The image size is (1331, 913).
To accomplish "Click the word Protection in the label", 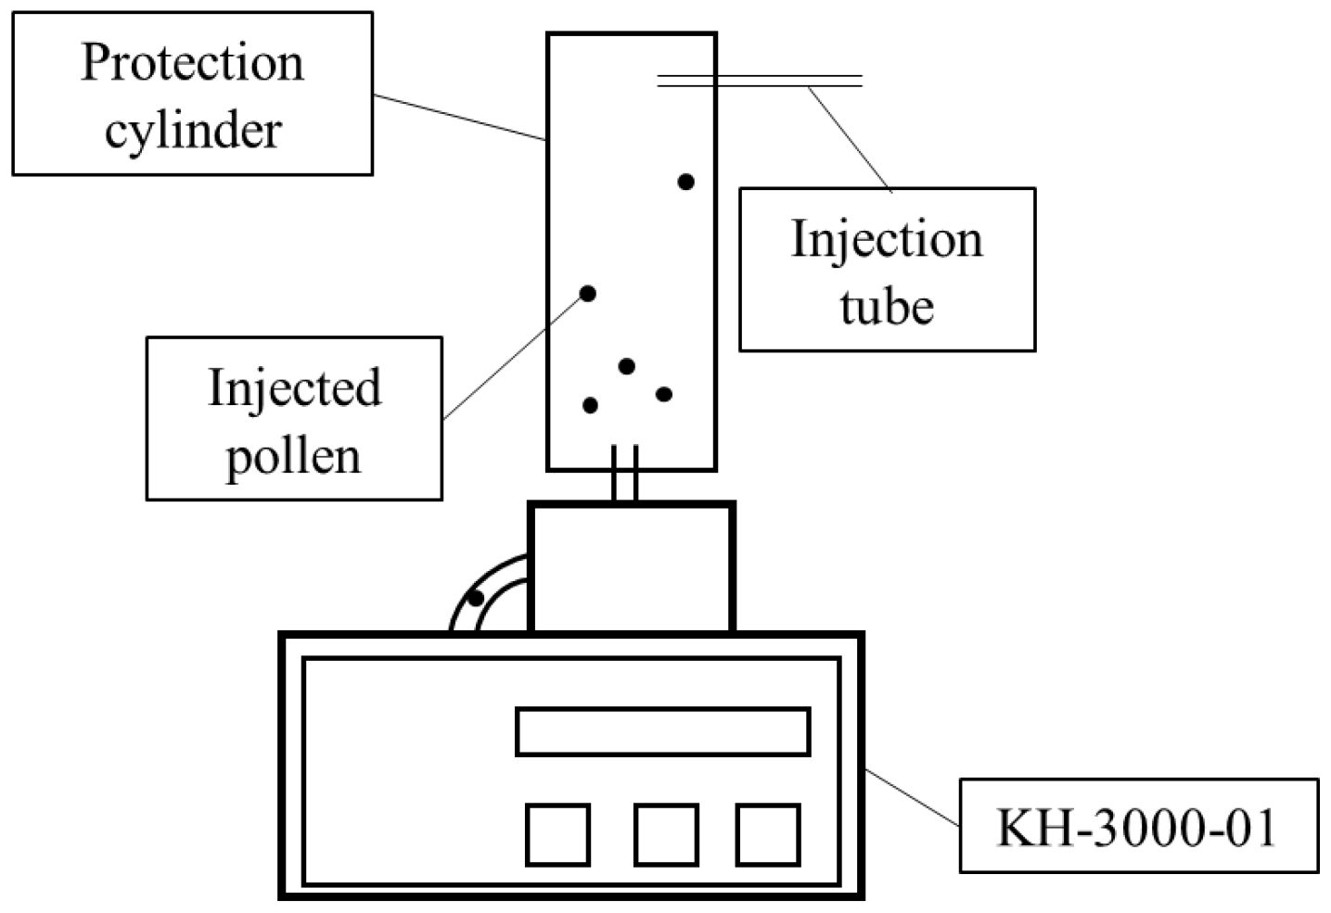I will tap(192, 63).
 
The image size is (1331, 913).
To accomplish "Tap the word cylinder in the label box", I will tap(193, 130).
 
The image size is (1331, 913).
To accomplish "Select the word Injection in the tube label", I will tap(887, 239).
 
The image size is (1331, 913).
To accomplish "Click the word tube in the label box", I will tap(887, 306).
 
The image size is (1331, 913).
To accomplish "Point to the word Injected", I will tap(294, 388).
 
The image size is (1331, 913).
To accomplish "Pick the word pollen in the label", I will tap(293, 456).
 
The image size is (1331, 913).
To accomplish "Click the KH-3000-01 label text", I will tap(1137, 827).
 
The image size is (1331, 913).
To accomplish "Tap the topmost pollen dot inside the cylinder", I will tap(685, 182).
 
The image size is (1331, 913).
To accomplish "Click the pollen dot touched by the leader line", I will tap(587, 294).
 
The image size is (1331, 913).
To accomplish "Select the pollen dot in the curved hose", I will tap(475, 598).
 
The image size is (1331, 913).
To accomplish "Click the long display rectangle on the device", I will tap(662, 731).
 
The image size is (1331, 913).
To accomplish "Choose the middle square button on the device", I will tap(666, 835).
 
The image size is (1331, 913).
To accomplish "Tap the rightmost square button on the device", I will tap(768, 835).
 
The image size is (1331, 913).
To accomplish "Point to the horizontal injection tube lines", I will tap(761, 82).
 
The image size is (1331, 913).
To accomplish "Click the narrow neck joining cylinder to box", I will tap(624, 475).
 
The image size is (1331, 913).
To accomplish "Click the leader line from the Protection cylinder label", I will tap(459, 118).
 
